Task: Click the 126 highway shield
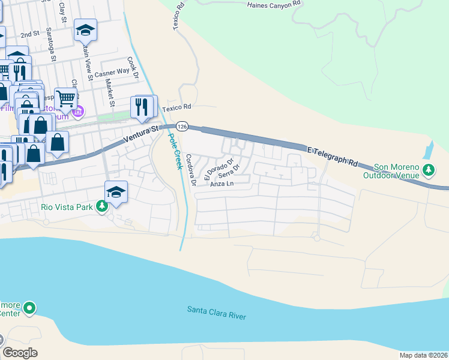click(183, 127)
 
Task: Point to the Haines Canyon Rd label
click(274, 5)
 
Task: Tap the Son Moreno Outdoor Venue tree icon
click(429, 170)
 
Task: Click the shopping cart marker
click(65, 98)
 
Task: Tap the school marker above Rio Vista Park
click(116, 192)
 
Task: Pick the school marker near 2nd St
click(85, 30)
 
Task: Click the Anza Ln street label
click(221, 184)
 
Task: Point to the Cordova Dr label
click(190, 170)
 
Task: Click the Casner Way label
click(112, 71)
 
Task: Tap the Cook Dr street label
click(133, 69)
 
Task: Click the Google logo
click(20, 353)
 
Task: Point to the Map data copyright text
click(423, 355)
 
